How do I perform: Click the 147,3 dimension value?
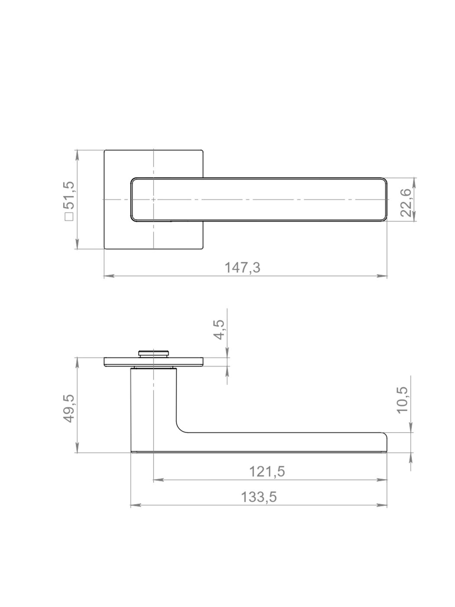(242, 268)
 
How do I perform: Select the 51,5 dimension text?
(69, 195)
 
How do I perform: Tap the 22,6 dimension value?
(406, 203)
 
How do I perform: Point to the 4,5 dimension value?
(220, 330)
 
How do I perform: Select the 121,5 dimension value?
(267, 471)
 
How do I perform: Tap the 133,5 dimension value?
(259, 497)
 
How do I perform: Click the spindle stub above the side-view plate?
(153, 354)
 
